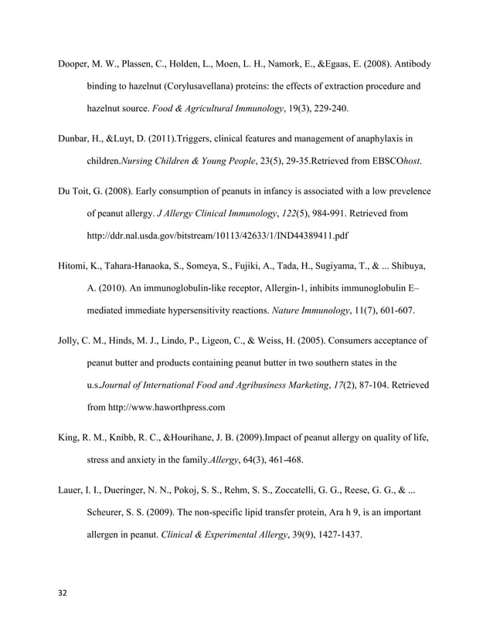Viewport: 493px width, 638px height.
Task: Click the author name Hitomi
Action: coord(74,267)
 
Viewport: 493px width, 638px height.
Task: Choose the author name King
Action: coord(69,438)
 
